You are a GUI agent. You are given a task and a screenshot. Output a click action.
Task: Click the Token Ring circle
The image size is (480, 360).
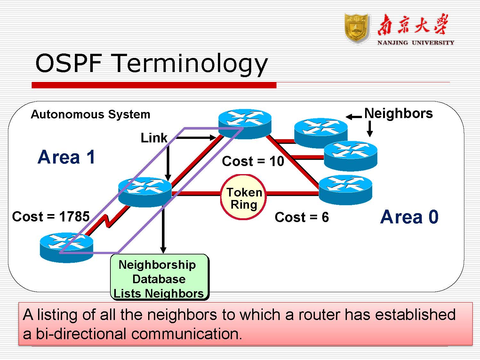(x=243, y=197)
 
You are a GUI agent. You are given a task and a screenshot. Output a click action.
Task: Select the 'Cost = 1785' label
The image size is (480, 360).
(x=51, y=217)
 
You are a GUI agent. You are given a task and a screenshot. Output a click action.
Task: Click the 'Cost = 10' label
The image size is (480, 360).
(x=253, y=161)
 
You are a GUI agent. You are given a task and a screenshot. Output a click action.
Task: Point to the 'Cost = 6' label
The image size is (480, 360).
(x=301, y=217)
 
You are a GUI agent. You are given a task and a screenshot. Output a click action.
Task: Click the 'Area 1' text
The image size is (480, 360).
(x=66, y=157)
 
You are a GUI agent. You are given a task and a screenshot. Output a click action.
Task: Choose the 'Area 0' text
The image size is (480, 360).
(x=409, y=217)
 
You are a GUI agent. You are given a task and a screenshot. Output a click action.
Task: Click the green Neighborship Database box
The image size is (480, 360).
(x=159, y=277)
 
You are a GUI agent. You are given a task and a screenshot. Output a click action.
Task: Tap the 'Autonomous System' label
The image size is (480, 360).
(x=90, y=114)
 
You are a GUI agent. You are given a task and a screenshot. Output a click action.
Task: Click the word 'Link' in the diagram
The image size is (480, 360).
(x=154, y=138)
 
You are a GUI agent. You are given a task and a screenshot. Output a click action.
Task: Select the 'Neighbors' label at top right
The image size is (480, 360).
(x=398, y=113)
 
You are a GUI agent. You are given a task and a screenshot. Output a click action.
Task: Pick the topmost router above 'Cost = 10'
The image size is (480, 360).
(x=245, y=124)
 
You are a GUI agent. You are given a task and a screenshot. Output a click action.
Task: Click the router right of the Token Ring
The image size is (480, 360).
(x=346, y=189)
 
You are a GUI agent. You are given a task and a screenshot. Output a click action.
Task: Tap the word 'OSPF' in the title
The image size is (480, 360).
(x=68, y=63)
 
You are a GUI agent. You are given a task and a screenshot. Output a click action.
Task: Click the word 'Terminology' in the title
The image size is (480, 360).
(x=190, y=64)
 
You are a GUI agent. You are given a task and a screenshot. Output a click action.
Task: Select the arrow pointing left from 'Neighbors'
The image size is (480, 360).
(x=354, y=117)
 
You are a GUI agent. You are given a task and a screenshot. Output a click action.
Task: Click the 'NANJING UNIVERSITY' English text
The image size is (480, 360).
(x=415, y=43)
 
